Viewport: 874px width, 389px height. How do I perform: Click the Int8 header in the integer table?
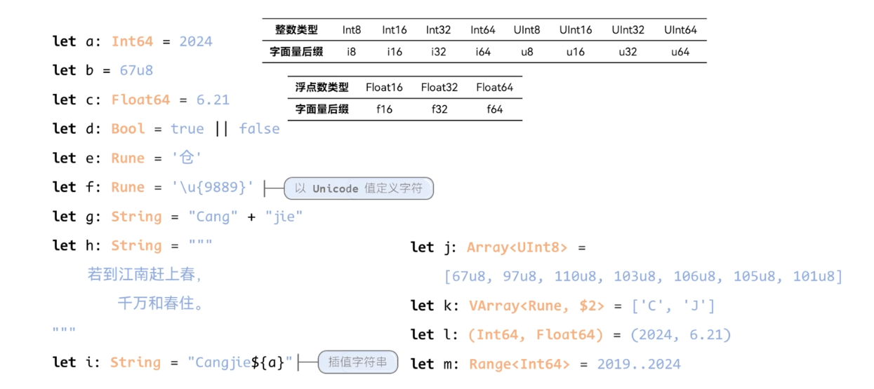tap(352, 30)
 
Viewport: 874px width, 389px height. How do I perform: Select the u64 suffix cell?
tap(680, 52)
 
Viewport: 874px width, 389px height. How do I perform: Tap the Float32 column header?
tap(439, 88)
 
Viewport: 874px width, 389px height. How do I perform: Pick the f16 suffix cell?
tap(384, 109)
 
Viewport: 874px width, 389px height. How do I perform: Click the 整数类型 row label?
tap(296, 30)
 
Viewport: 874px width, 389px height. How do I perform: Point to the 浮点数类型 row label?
tap(322, 88)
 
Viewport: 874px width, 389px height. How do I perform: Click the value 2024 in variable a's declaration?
tap(195, 41)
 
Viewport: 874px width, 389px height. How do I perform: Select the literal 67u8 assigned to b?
tap(136, 71)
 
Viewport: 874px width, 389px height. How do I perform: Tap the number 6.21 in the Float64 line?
tap(213, 100)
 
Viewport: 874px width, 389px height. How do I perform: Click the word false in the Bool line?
tap(259, 129)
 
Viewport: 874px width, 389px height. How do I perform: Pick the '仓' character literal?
tap(187, 158)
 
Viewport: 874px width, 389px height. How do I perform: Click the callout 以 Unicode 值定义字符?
tap(358, 189)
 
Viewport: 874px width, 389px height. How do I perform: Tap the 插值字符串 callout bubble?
tap(357, 362)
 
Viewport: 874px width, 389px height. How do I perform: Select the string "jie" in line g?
tap(284, 217)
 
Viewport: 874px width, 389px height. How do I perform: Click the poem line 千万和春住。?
tap(161, 304)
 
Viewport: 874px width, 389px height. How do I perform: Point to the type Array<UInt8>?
tap(517, 247)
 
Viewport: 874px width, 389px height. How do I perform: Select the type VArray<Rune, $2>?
tap(536, 306)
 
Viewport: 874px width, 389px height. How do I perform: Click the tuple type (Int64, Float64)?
tap(536, 335)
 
